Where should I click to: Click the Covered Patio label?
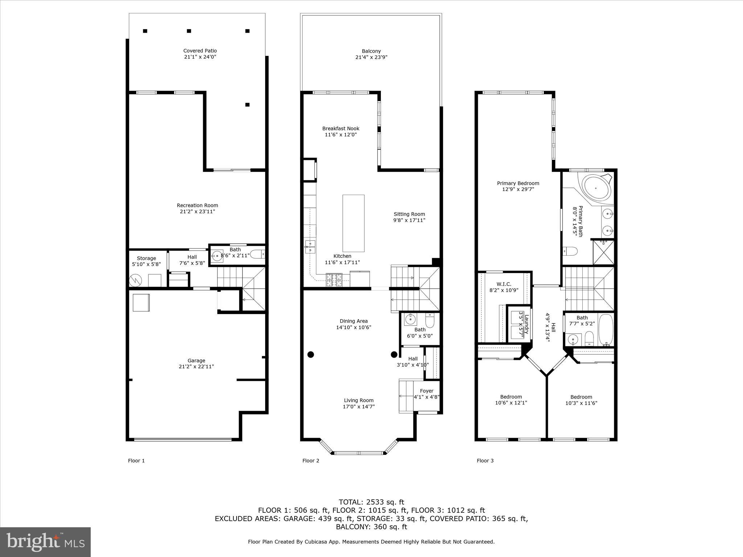point(200,51)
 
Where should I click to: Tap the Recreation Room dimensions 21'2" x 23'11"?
point(197,211)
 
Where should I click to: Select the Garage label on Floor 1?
point(196,360)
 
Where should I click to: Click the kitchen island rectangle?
point(353,223)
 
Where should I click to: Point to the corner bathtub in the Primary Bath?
point(596,188)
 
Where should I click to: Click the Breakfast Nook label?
point(341,128)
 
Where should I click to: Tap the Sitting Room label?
point(409,214)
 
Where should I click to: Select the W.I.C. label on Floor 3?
point(504,284)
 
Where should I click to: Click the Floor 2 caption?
point(311,461)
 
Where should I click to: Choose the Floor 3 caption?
point(485,461)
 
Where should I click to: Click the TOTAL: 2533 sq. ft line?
point(371,502)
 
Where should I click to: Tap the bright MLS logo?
point(45,542)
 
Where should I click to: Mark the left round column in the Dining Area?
point(311,354)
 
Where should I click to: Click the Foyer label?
point(427,391)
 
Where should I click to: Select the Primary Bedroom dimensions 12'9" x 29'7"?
point(518,189)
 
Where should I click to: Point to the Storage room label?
point(146,258)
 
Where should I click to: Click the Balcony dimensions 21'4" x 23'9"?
point(371,57)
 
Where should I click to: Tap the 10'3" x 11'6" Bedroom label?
point(581,403)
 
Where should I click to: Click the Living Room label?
point(358,400)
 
